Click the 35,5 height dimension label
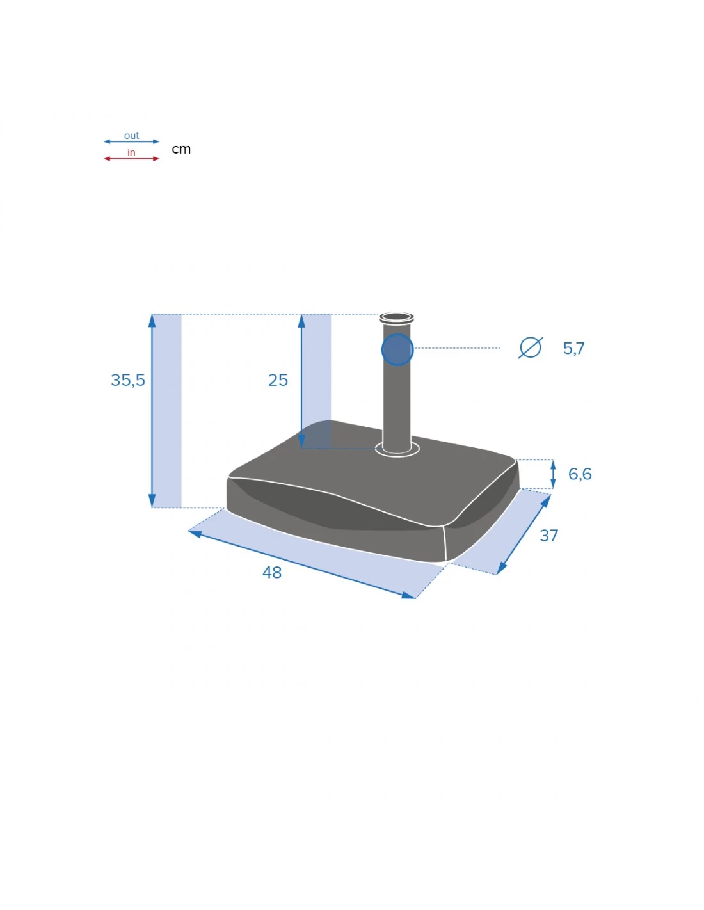pyautogui.click(x=128, y=380)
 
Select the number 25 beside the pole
pyautogui.click(x=278, y=380)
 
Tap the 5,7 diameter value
pyautogui.click(x=573, y=348)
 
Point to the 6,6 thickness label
pyautogui.click(x=580, y=474)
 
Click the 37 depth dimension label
pyautogui.click(x=548, y=536)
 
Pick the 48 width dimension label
pyautogui.click(x=272, y=573)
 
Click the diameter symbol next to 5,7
pyautogui.click(x=530, y=347)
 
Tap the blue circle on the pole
pyautogui.click(x=397, y=349)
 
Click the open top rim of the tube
pyautogui.click(x=396, y=317)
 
